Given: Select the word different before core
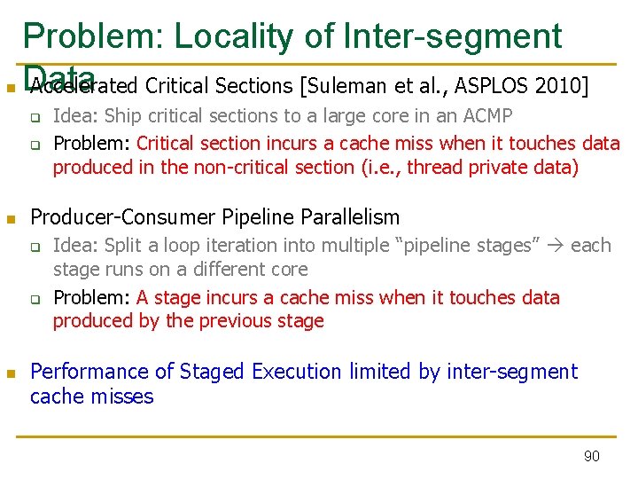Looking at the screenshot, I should [224, 269].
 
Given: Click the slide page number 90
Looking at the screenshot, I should [591, 456].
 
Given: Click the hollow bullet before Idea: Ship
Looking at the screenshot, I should [36, 116].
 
